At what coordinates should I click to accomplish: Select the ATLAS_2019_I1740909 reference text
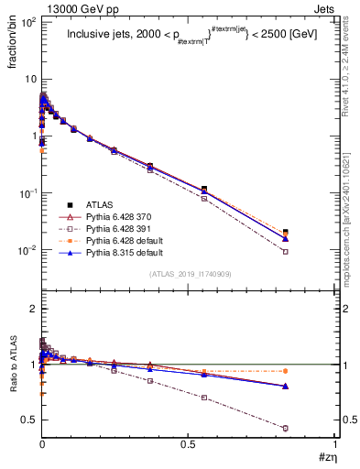pos(189,274)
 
